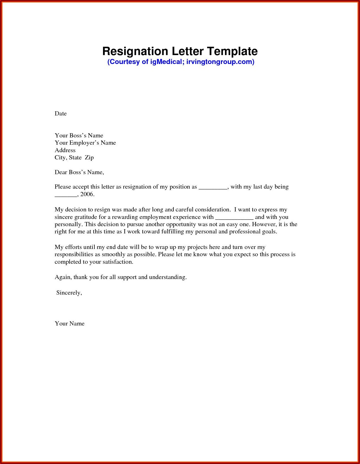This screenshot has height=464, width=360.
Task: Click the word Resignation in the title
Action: (x=135, y=51)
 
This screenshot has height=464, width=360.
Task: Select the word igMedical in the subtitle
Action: (x=166, y=62)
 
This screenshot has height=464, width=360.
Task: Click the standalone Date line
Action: (x=61, y=113)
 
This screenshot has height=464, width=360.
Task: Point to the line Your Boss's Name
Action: (x=79, y=135)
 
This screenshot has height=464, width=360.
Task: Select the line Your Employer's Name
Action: (x=85, y=143)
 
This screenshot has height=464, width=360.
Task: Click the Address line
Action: (x=65, y=150)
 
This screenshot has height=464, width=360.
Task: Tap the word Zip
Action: (x=89, y=157)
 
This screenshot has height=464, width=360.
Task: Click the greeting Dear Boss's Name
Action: (x=79, y=172)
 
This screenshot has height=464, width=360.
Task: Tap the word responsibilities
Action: (x=74, y=254)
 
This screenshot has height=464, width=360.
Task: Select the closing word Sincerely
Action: (x=69, y=293)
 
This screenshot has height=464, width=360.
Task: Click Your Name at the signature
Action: (x=70, y=324)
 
